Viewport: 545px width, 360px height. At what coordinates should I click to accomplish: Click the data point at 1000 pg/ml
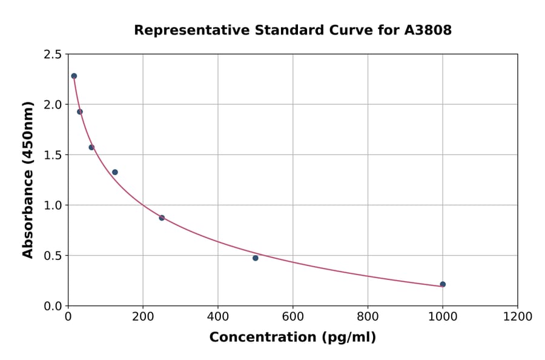pos(443,284)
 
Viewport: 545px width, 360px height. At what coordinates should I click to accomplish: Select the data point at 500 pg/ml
pos(256,258)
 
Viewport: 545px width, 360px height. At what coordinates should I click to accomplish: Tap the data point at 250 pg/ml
pos(162,218)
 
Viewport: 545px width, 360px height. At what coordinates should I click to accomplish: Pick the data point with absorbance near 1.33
pos(115,172)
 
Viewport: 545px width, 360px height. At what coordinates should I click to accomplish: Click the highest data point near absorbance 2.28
pos(74,76)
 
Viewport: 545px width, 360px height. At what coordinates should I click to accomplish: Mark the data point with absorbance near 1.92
pos(80,112)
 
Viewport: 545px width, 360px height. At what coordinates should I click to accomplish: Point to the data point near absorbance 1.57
pos(91,147)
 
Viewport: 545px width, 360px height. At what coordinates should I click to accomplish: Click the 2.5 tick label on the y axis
pos(53,55)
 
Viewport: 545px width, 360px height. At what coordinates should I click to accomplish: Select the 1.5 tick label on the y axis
pos(53,155)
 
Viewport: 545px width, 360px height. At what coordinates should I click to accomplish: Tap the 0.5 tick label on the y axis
pos(53,256)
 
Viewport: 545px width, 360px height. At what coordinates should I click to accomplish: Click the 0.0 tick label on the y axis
pos(53,306)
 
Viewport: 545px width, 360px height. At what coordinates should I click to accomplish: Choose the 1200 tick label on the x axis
pos(517,317)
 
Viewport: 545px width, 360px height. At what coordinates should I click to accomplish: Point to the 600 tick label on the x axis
pos(292,317)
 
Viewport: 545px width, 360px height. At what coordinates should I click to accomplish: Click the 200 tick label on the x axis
pos(143,317)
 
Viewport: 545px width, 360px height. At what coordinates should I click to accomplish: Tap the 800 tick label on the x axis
pos(368,317)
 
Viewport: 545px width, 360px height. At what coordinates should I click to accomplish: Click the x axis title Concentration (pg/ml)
pos(292,338)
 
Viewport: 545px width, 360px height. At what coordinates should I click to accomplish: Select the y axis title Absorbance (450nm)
pos(28,180)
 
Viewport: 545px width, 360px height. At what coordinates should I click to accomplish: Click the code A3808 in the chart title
pos(428,30)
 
